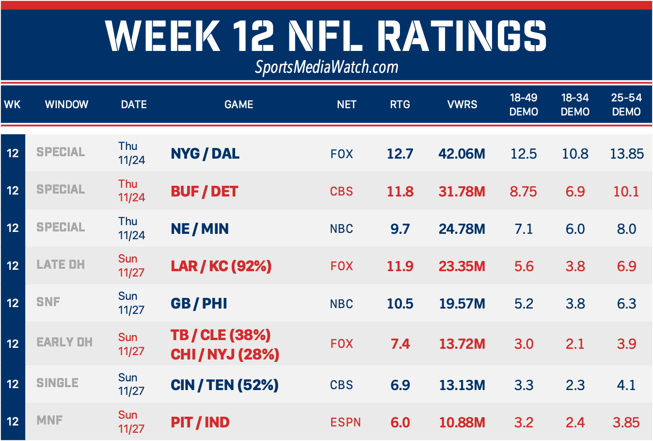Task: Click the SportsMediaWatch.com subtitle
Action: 326,67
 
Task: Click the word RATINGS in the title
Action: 461,36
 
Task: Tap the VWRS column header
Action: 462,104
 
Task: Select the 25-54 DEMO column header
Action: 626,104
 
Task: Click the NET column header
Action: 347,104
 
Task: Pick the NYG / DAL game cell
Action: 205,154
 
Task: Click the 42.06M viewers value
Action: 462,154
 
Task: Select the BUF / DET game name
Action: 204,191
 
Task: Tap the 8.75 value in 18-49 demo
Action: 523,191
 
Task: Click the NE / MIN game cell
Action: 200,229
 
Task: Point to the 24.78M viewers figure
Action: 462,229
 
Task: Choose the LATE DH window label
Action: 61,265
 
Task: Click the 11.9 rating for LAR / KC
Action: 400,266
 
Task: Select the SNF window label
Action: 48,302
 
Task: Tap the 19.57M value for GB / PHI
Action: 462,304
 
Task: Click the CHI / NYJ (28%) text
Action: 225,355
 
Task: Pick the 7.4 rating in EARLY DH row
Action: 400,344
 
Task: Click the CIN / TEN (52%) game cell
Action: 224,385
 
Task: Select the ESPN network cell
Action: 345,423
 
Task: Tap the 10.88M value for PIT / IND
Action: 462,423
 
